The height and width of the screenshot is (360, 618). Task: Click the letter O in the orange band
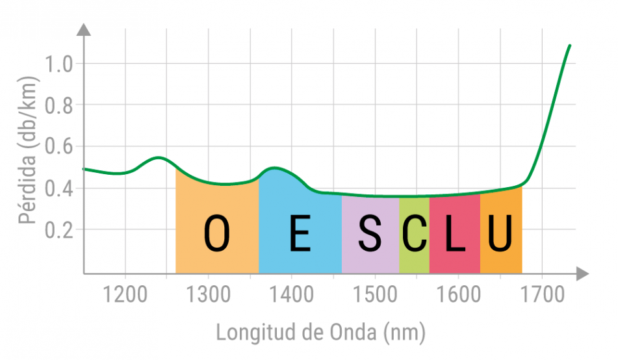click(x=217, y=234)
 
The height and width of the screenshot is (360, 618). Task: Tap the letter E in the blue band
click(x=300, y=234)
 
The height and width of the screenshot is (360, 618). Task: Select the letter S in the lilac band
click(x=370, y=234)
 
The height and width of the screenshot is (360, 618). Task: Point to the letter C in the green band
click(x=414, y=234)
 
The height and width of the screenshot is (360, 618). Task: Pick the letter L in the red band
click(x=454, y=234)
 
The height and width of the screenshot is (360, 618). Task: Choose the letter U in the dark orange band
click(x=500, y=234)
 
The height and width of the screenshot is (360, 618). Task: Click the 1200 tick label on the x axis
click(x=125, y=294)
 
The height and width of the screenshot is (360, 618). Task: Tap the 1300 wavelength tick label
click(x=208, y=294)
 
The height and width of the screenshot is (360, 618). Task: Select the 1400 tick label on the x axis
click(x=291, y=294)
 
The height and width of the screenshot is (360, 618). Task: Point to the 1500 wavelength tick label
click(x=374, y=294)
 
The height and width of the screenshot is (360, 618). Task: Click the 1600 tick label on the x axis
click(x=457, y=294)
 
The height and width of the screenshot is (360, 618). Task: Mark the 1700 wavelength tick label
click(x=541, y=294)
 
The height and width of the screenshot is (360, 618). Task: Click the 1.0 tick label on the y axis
click(x=59, y=64)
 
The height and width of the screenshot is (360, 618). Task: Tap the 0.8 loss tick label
click(x=59, y=105)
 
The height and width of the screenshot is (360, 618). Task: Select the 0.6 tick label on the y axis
click(x=59, y=147)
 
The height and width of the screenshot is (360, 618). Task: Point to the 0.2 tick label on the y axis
click(x=59, y=229)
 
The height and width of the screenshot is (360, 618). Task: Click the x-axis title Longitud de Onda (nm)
click(x=320, y=333)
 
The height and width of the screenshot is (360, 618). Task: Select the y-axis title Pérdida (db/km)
click(x=28, y=150)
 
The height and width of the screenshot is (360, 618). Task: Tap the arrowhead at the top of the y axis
click(x=84, y=29)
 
